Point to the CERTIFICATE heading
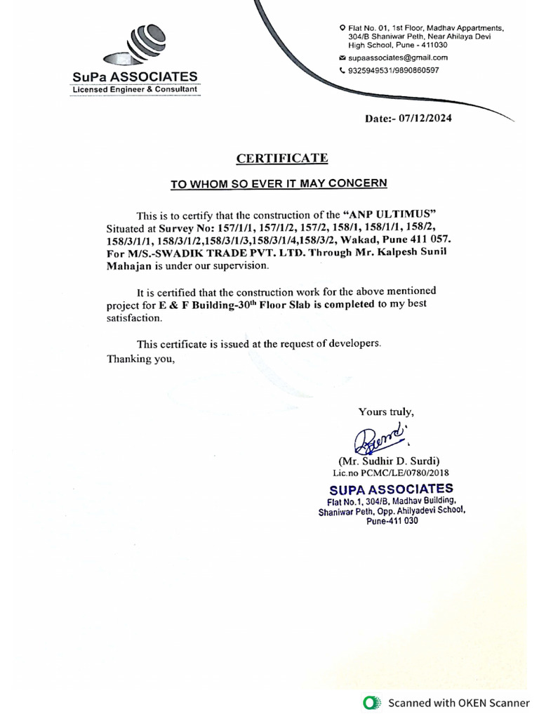pyautogui.click(x=281, y=158)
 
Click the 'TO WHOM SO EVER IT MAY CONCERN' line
pyautogui.click(x=279, y=184)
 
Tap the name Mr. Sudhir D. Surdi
pyautogui.click(x=389, y=461)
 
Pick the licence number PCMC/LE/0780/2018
pyautogui.click(x=409, y=473)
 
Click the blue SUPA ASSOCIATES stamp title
pyautogui.click(x=391, y=489)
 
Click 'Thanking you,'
pyautogui.click(x=140, y=358)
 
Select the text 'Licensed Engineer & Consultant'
pyautogui.click(x=134, y=90)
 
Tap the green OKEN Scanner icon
pyautogui.click(x=371, y=703)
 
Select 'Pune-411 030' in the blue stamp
pyautogui.click(x=392, y=521)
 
